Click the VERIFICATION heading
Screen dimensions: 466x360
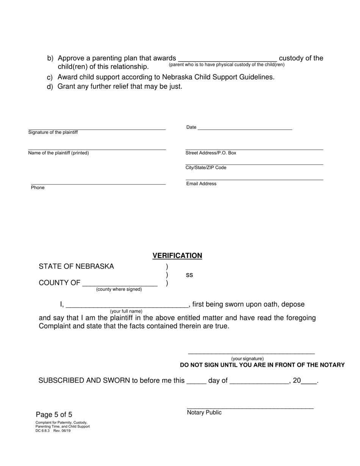[177, 256]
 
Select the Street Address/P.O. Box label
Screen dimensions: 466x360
[211, 153]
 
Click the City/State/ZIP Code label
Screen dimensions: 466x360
[206, 168]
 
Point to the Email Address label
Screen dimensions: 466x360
[201, 184]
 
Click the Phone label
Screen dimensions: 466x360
[38, 188]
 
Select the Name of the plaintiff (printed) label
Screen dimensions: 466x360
[58, 153]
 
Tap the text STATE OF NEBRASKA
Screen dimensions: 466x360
[76, 266]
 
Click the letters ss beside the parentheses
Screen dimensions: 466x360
[189, 275]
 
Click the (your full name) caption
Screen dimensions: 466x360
[126, 311]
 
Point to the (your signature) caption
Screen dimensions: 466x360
[247, 359]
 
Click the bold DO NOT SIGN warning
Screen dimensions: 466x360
[262, 365]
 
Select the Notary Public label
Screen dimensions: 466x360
[204, 413]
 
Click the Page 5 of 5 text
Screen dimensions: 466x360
[54, 414]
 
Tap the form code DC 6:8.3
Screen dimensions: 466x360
[42, 431]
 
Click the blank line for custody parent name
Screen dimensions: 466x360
[227, 58]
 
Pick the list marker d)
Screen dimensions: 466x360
[50, 86]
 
